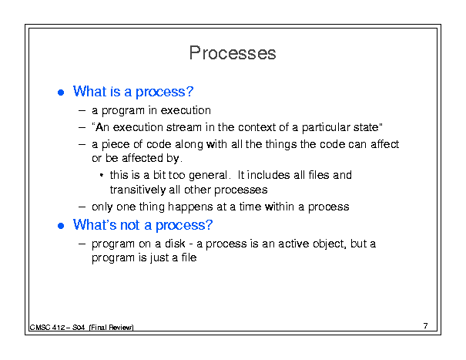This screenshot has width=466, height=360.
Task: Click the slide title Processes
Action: coord(233,53)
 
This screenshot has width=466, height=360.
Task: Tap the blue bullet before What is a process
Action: coord(61,93)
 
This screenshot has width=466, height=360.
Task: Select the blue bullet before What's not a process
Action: coord(61,226)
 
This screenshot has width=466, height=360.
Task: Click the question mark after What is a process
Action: coord(189,91)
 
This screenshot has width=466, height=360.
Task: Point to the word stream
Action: coord(184,127)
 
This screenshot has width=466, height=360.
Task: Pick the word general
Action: coord(208,176)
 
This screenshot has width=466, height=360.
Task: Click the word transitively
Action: coord(138,190)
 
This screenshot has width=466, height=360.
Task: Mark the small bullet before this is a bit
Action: coord(102,175)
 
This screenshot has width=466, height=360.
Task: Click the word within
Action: coord(280,207)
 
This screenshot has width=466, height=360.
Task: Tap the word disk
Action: coord(175,244)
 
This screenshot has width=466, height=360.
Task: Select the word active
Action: coord(293,244)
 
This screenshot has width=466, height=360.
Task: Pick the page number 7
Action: coord(426,326)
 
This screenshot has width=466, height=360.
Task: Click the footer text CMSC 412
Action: coord(48,328)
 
